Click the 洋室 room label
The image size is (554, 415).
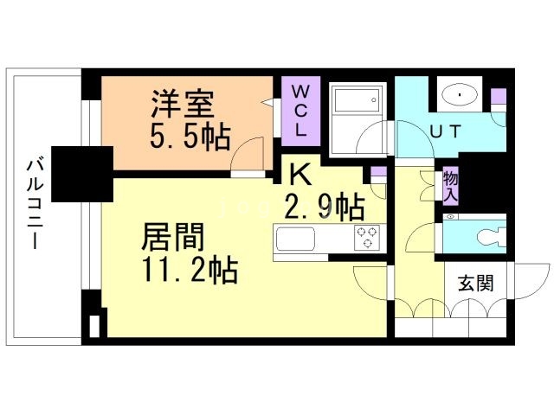183,104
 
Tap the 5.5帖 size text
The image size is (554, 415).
190,137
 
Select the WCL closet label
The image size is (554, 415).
300,112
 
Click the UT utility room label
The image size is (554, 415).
445,131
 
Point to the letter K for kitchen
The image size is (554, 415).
300,174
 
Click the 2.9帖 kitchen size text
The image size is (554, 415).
325,207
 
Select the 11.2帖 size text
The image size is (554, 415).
190,270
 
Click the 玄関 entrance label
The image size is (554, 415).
475,283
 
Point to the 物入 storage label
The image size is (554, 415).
451,187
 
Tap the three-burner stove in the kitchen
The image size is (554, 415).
367,238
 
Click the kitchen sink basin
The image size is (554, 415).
295,239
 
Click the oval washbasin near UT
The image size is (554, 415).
460,94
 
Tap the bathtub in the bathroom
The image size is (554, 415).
357,100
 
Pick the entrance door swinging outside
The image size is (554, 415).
530,281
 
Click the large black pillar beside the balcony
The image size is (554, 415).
82,174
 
